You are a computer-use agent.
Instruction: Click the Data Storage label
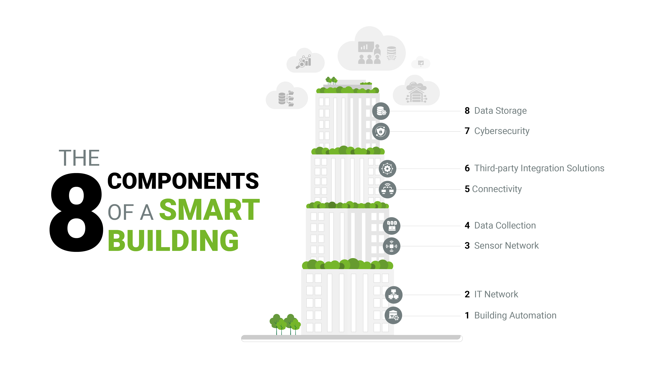pyautogui.click(x=500, y=111)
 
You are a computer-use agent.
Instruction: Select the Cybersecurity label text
pyautogui.click(x=502, y=131)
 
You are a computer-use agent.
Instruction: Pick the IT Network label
pyautogui.click(x=496, y=294)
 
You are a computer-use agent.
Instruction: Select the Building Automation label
pyautogui.click(x=515, y=315)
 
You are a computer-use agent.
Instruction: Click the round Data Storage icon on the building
pyautogui.click(x=381, y=111)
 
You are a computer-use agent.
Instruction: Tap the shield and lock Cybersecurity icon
pyautogui.click(x=381, y=131)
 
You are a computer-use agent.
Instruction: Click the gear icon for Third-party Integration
pyautogui.click(x=387, y=169)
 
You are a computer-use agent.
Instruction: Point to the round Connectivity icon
pyautogui.click(x=387, y=189)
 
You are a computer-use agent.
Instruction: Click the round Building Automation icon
pyautogui.click(x=393, y=315)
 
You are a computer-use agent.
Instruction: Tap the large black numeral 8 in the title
pyautogui.click(x=76, y=212)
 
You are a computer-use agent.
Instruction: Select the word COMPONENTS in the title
pyautogui.click(x=183, y=181)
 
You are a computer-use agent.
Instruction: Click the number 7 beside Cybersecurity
pyautogui.click(x=467, y=131)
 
